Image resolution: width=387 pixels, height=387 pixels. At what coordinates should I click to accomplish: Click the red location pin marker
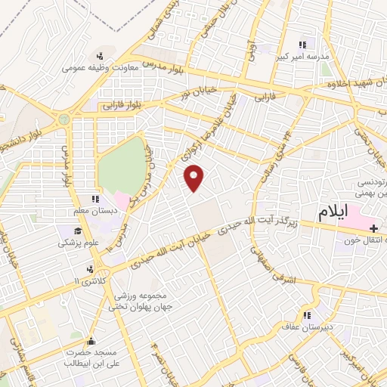pos(195,178)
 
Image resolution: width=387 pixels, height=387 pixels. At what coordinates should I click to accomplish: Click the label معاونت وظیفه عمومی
pos(101,67)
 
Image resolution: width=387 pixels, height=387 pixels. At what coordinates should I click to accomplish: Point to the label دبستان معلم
pos(96,210)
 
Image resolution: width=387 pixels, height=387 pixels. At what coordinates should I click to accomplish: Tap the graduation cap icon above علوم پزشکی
pos(78,230)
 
